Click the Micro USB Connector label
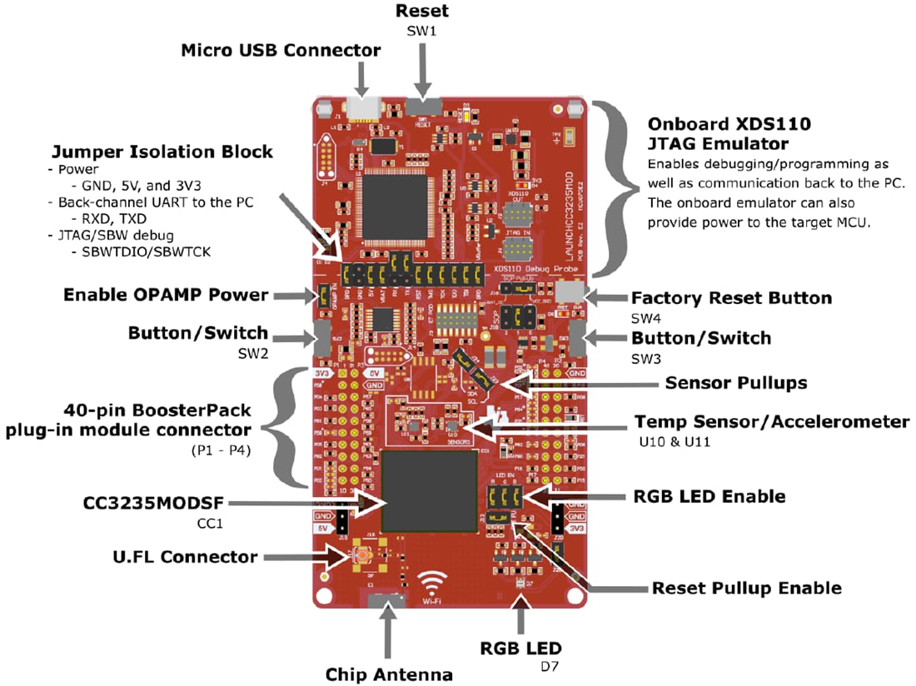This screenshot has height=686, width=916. (x=281, y=50)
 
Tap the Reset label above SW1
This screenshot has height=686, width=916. (x=421, y=11)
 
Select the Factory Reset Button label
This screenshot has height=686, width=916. (x=731, y=298)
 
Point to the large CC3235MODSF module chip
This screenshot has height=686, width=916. (x=430, y=492)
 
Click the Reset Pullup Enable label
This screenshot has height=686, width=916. (x=746, y=588)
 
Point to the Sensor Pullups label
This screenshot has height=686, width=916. (x=735, y=383)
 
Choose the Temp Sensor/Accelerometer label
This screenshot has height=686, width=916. (x=771, y=422)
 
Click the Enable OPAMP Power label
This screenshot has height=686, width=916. (x=166, y=295)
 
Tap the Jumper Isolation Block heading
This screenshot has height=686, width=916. (x=162, y=152)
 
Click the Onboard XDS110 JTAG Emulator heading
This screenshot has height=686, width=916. (x=729, y=133)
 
